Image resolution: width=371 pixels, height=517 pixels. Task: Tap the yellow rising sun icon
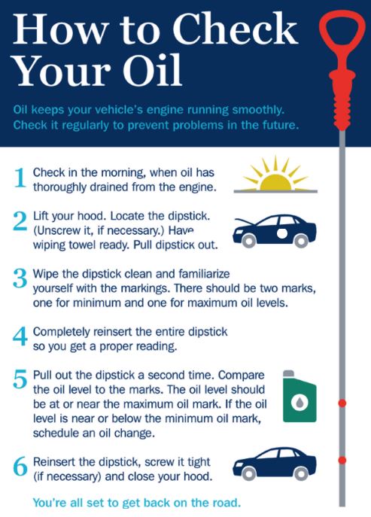275,175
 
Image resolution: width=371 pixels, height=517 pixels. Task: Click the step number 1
20,178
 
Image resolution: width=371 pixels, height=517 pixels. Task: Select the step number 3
20,278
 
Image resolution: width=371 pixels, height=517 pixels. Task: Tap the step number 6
20,467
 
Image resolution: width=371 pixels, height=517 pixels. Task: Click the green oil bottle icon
300,397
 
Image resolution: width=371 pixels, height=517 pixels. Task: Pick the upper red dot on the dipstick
342,403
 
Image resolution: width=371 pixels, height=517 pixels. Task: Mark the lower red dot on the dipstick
342,460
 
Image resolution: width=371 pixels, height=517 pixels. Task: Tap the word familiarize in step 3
204,274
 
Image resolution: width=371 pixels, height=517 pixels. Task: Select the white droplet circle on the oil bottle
300,402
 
